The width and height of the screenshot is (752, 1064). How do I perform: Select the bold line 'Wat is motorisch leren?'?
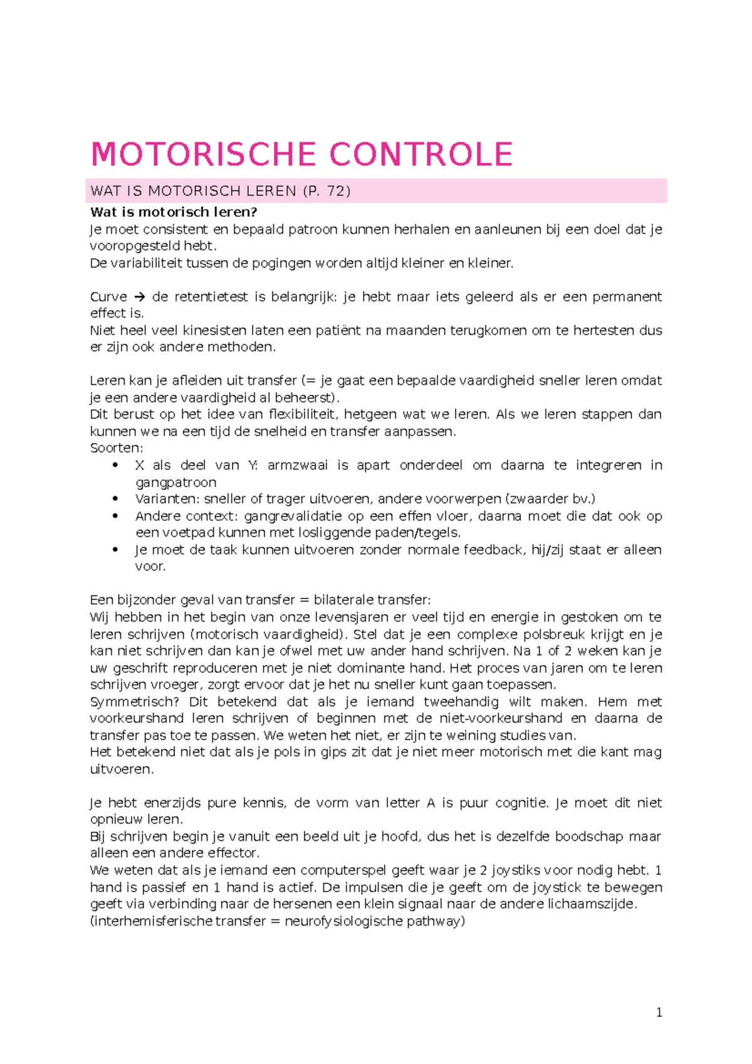point(174,212)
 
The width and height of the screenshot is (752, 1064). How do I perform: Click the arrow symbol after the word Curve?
point(140,296)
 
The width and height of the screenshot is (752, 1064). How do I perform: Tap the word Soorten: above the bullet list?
point(117,448)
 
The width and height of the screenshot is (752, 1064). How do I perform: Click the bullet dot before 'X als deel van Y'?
point(115,465)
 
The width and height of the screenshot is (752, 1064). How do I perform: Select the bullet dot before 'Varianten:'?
point(115,499)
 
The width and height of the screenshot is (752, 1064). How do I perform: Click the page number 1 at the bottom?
point(659,1013)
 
